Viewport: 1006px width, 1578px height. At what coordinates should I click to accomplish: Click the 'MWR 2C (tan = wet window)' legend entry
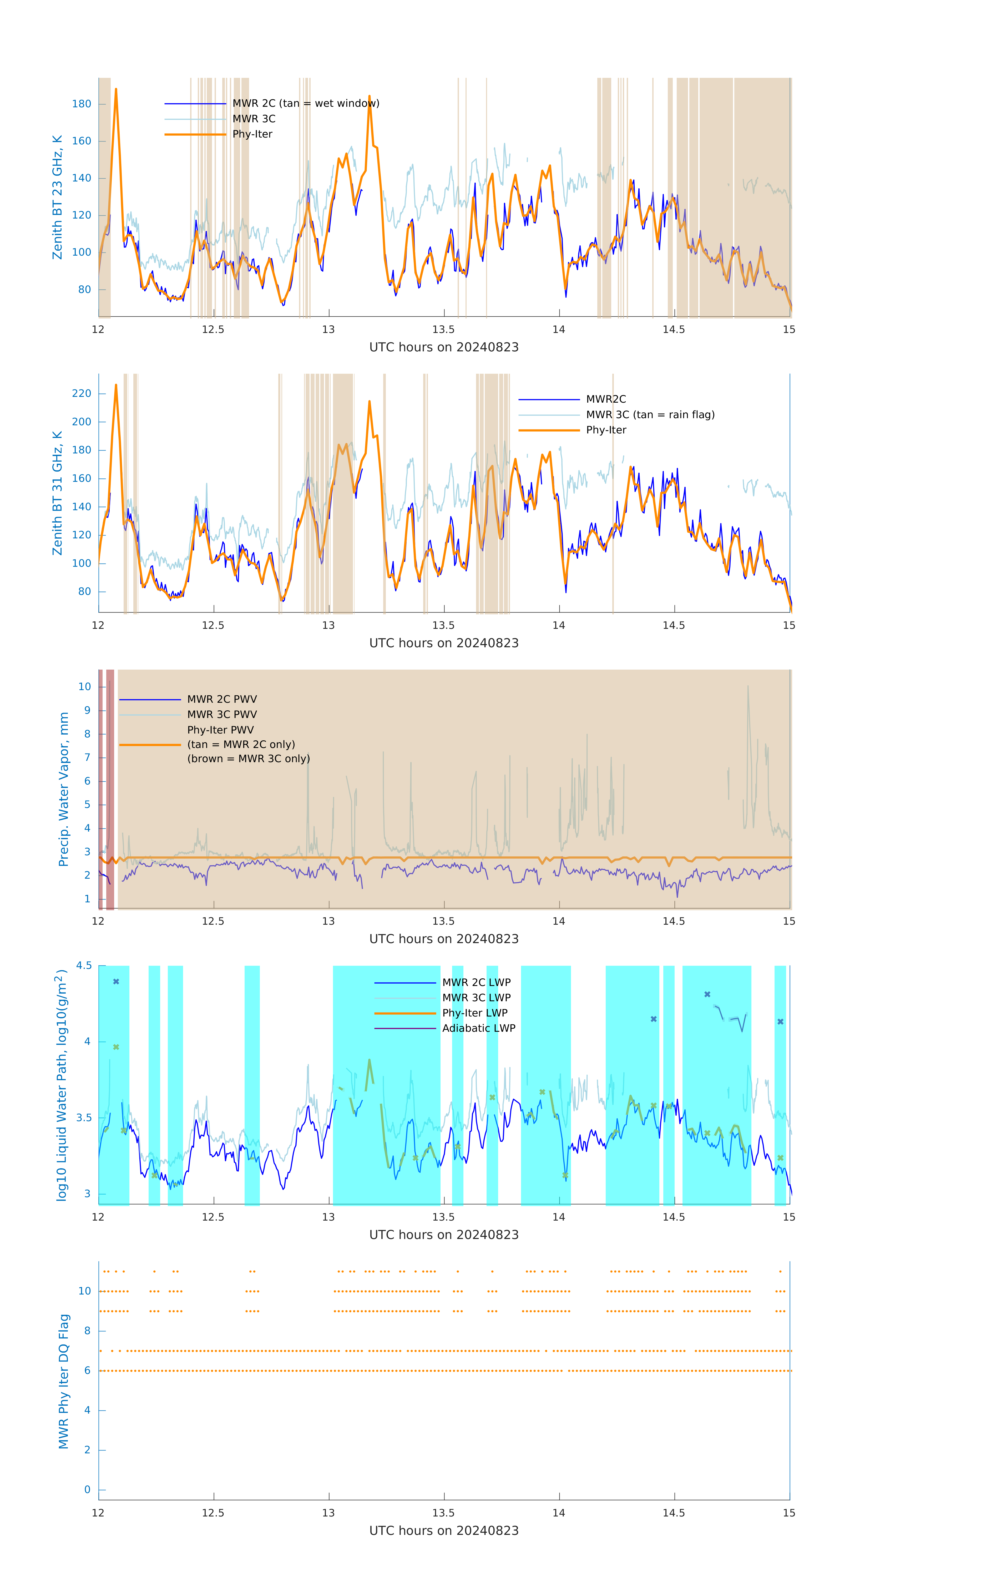click(x=305, y=104)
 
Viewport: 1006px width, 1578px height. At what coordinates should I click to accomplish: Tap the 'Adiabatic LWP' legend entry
click(x=478, y=1028)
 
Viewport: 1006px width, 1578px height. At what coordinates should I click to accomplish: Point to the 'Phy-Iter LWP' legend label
click(x=474, y=1013)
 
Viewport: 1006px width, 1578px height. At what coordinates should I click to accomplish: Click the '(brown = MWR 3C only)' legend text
click(x=248, y=759)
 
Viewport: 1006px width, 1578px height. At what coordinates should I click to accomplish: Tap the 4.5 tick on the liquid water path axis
click(x=84, y=966)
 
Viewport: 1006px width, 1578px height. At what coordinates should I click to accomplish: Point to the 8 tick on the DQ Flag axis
click(x=87, y=1331)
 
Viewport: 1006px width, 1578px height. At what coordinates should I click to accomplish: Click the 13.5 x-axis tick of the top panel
click(x=444, y=330)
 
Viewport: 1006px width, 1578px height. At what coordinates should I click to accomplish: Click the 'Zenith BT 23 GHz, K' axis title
click(x=58, y=197)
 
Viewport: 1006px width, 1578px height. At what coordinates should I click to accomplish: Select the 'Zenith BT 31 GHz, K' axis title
click(x=58, y=493)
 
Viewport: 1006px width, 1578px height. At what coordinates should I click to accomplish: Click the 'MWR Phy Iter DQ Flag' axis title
click(x=64, y=1381)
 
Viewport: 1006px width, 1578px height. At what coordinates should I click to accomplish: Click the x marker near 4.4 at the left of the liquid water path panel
click(x=116, y=982)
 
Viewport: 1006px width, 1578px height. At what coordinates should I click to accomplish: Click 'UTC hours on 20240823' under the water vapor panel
click(x=444, y=939)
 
